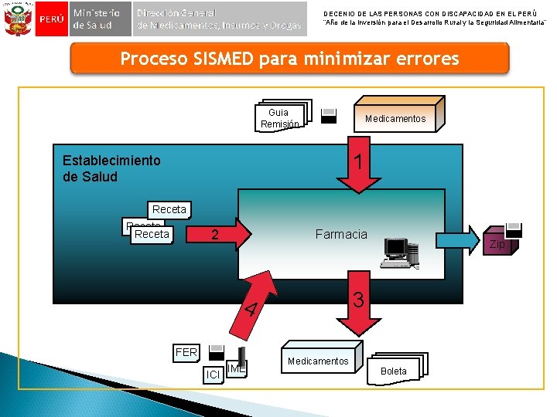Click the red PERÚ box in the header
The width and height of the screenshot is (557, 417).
[x=51, y=19]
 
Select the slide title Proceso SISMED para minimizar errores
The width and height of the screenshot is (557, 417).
[x=289, y=59]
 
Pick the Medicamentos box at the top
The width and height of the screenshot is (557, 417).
[x=395, y=117]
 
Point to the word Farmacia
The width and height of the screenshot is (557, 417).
[x=341, y=233]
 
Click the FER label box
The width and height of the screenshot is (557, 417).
[x=186, y=353]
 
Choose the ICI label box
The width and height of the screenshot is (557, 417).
[x=213, y=375]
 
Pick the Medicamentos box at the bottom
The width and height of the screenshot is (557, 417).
[x=318, y=361]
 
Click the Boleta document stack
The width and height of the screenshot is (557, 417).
[x=395, y=370]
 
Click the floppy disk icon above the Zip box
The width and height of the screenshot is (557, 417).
[x=514, y=229]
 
